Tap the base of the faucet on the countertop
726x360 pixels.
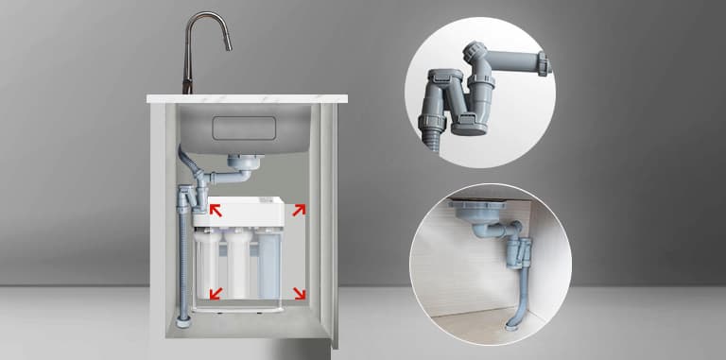pos(187,89)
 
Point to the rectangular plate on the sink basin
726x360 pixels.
pos(245,129)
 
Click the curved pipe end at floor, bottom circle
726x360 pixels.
pos(511,324)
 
